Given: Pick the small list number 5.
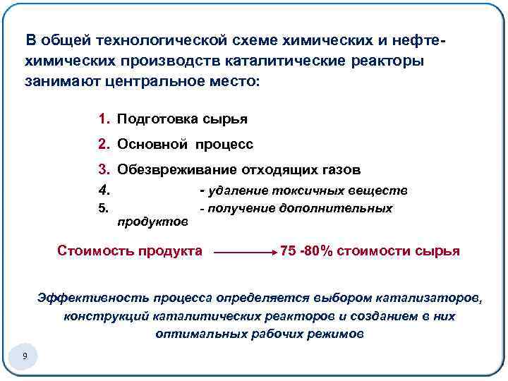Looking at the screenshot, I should click(102, 208).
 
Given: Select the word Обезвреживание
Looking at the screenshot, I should click(177, 169).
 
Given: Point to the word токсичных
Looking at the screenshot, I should click(313, 190).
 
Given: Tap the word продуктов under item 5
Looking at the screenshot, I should click(152, 222).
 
